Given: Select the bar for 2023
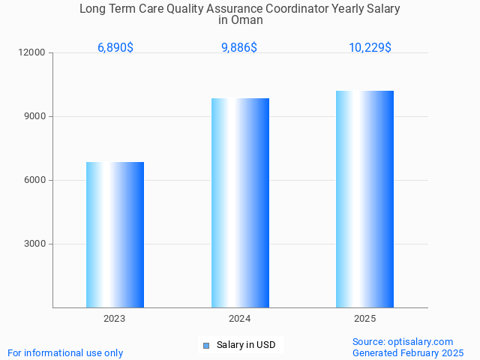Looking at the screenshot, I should point(115,235).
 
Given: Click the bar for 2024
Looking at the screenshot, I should point(240,202).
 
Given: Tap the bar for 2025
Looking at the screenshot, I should point(364,199).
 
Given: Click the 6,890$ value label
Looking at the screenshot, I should point(115,48).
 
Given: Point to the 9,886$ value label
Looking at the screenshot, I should point(239,48).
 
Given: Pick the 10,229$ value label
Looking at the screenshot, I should point(370,48).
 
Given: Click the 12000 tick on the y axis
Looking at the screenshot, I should point(33,52).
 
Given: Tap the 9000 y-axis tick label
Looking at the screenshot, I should point(35,116).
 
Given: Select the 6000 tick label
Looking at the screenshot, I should point(35,180).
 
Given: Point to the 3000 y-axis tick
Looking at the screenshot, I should point(35,244).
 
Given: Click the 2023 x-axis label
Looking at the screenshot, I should point(115,319).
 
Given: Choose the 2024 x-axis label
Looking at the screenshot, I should point(240,319).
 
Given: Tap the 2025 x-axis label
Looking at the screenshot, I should point(364,319).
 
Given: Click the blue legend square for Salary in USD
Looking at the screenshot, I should point(206,346).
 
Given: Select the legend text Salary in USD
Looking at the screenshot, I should point(246,345).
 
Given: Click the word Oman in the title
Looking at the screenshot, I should point(247,20).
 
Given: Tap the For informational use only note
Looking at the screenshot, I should point(65,352).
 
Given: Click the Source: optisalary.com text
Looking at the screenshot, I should point(403,341).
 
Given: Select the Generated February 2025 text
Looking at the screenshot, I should point(408,352).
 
